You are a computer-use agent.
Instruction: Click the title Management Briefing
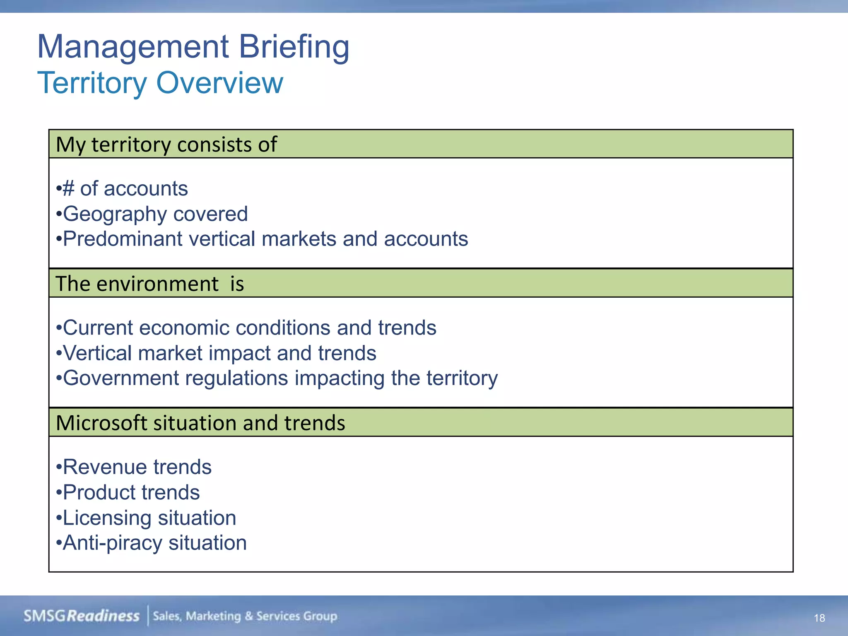pyautogui.click(x=193, y=47)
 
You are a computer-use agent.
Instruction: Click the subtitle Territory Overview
pyautogui.click(x=160, y=83)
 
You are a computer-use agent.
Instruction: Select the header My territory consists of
pyautogui.click(x=166, y=145)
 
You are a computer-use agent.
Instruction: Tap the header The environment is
pyautogui.click(x=150, y=284)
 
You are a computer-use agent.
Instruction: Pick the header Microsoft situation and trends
pyautogui.click(x=200, y=423)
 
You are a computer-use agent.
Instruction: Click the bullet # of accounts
pyautogui.click(x=123, y=189)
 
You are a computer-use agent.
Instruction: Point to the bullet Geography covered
pyautogui.click(x=152, y=214)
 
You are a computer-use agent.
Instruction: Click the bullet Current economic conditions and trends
pyautogui.click(x=246, y=328)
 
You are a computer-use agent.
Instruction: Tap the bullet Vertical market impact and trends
pyautogui.click(x=217, y=354)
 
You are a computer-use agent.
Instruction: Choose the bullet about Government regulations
pyautogui.click(x=277, y=378)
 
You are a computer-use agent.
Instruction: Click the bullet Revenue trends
pyautogui.click(x=134, y=467)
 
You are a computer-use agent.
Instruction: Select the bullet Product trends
pyautogui.click(x=128, y=493)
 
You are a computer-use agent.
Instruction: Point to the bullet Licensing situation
pyautogui.click(x=147, y=518)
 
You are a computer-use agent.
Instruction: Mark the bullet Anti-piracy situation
pyautogui.click(x=152, y=543)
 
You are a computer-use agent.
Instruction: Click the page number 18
pyautogui.click(x=819, y=618)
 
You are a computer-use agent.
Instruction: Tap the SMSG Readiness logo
pyautogui.click(x=82, y=616)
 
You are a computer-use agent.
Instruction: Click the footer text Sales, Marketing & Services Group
pyautogui.click(x=245, y=616)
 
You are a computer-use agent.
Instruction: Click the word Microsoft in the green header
pyautogui.click(x=101, y=423)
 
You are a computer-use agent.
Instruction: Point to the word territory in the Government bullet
pyautogui.click(x=462, y=378)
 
